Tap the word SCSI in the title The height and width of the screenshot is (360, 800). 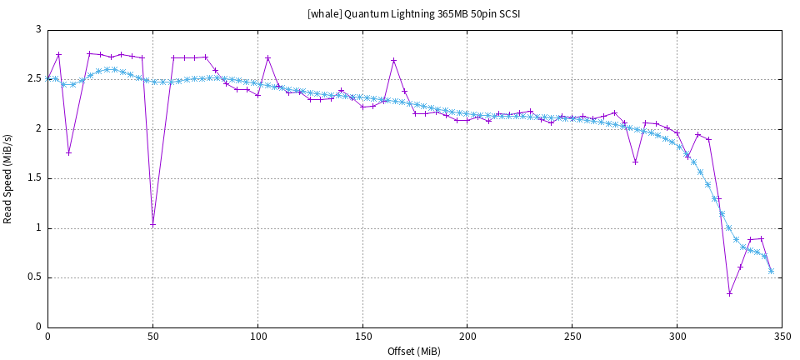tap(507, 14)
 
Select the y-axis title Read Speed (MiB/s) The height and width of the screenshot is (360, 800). tap(8, 178)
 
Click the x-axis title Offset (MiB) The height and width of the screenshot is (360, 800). tap(414, 351)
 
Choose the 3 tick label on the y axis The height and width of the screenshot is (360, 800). tap(37, 30)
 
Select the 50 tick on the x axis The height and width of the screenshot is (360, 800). tap(152, 337)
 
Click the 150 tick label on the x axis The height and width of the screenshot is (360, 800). tap(362, 337)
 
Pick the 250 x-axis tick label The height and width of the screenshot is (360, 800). tap(572, 337)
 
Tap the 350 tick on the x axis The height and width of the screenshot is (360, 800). tap(782, 337)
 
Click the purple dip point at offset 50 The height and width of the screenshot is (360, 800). tap(152, 224)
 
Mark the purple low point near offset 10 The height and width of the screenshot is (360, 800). tap(69, 152)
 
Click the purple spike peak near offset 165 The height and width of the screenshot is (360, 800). tap(393, 60)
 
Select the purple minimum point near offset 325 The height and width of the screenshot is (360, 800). tap(729, 293)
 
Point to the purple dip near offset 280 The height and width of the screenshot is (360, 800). tap(635, 162)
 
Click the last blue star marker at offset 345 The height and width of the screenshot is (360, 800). tap(771, 271)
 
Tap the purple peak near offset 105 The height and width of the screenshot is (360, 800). tap(267, 58)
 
